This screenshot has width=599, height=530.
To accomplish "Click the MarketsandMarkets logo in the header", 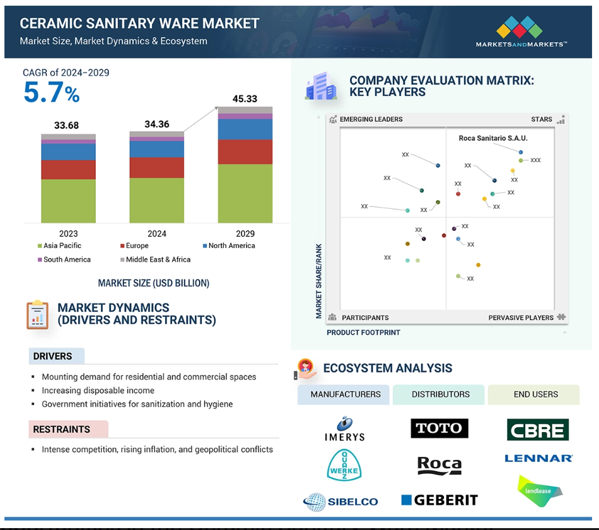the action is coord(521,32).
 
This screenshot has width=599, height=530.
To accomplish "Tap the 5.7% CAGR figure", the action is coord(51,93).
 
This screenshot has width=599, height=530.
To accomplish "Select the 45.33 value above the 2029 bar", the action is coord(245,98).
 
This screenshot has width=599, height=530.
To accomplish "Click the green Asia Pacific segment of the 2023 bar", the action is coord(68,201).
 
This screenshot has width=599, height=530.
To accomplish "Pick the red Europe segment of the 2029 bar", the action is coord(245,152).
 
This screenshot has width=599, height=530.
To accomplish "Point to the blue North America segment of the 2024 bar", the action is coord(156,149).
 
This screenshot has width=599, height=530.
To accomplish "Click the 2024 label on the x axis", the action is coord(156,233).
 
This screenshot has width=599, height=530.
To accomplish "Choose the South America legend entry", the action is coord(64,260).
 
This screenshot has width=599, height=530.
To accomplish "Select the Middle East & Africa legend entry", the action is coord(156,260).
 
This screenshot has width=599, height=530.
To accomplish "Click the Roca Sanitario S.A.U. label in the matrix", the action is coord(493,138).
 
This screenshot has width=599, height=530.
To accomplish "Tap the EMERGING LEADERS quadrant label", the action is coord(371,119).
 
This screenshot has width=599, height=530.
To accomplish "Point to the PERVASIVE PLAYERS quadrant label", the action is coord(521,318).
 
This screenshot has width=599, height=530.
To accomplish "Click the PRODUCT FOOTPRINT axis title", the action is coord(363,333).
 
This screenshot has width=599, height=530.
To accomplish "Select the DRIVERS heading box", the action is coord(57,356).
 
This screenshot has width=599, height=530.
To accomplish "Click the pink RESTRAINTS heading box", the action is coord(68,429).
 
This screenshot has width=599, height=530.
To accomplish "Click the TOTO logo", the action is coord(439,428).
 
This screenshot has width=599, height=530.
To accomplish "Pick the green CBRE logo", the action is coord(537,430).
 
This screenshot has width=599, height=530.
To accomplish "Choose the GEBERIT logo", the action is coord(439,500).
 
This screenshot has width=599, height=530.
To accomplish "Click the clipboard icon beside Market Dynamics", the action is coord(37,315).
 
